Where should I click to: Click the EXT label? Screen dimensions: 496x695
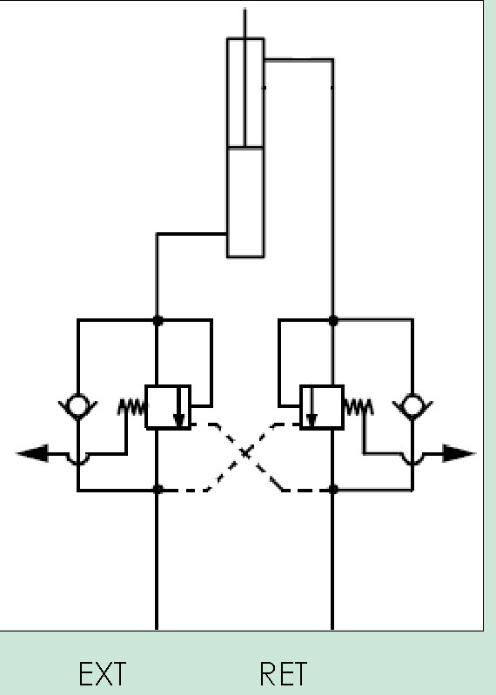103,673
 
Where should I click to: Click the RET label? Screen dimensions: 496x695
283,673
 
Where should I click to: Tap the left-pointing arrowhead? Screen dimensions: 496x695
32,453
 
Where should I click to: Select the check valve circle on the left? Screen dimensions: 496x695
78,405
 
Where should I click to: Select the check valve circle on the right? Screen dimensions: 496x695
412,405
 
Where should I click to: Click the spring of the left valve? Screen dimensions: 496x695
131,407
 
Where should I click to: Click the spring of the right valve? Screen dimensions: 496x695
359,407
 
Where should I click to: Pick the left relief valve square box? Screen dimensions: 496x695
168,407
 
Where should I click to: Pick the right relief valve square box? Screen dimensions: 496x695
322,407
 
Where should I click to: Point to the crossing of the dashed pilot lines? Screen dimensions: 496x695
245,452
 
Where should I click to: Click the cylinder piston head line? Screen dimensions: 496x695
245,147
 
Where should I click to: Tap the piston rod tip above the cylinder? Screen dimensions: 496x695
245,9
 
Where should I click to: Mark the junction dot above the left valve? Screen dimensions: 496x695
157,320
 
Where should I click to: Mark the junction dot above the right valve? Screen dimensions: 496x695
333,320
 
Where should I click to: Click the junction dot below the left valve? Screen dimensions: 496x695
157,490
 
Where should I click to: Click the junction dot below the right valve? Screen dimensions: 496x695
333,490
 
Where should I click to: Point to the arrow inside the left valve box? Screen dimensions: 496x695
179,406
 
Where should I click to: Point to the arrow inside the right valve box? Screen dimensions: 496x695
312,406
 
